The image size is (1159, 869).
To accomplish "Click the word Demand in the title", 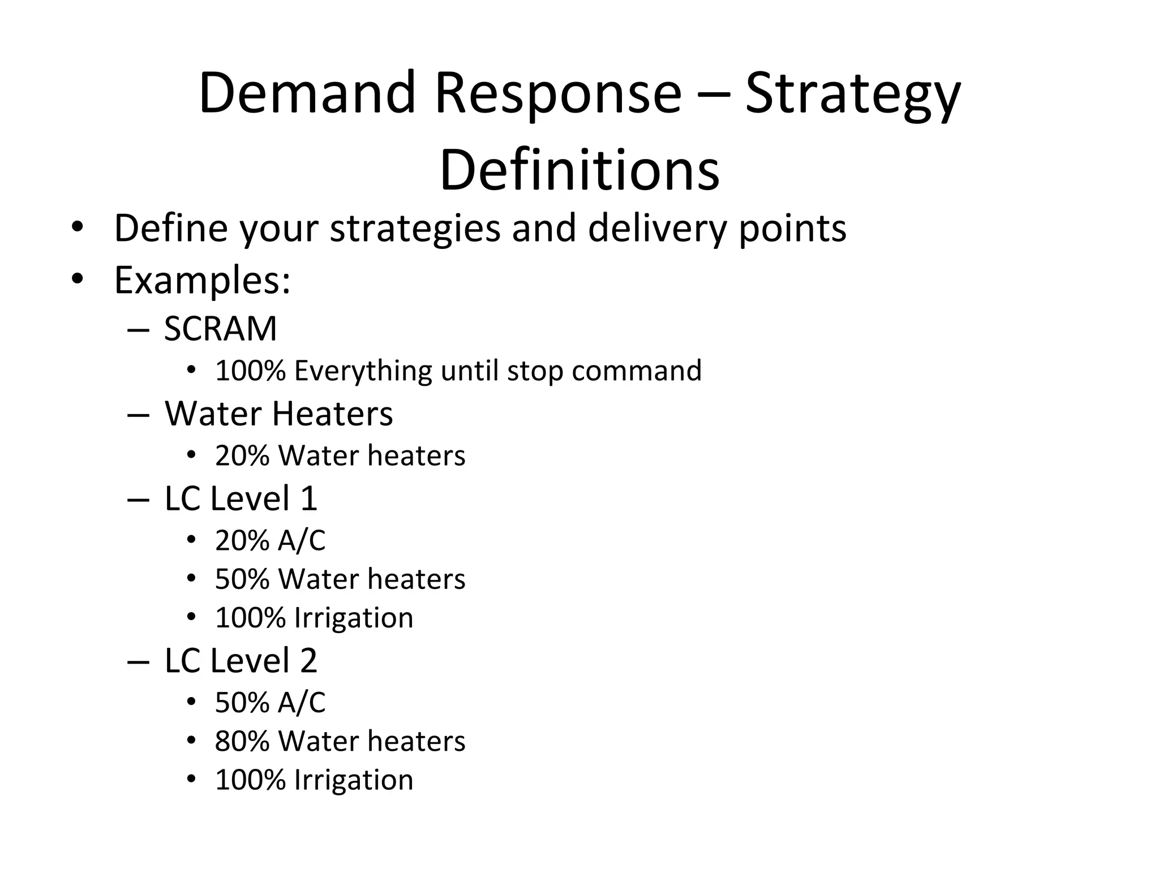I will (307, 93).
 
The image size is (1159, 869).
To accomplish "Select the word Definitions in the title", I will (579, 170).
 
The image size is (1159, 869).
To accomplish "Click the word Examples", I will (202, 279).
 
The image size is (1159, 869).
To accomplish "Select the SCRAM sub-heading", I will (220, 329).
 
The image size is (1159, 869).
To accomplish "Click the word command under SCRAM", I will (636, 371).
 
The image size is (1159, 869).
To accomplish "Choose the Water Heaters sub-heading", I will (278, 414).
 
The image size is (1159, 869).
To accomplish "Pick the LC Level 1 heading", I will (241, 498).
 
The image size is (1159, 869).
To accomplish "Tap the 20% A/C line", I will (270, 540).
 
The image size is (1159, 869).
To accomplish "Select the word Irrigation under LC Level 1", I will (354, 618).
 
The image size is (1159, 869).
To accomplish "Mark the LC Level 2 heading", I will (241, 660).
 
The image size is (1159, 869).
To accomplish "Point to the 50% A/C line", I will (270, 703).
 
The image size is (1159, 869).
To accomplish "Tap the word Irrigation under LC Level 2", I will (354, 780).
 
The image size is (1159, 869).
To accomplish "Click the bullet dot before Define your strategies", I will (78, 228).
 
